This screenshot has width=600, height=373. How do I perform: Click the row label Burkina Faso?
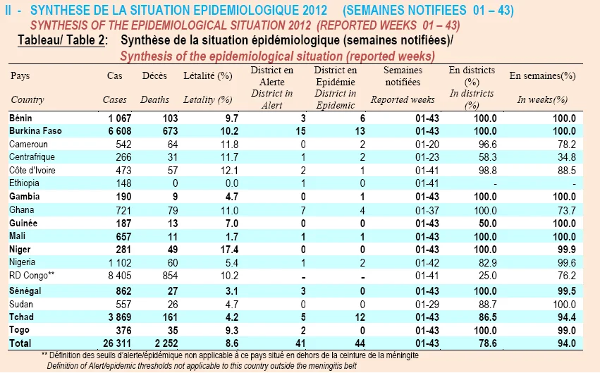pos(35,131)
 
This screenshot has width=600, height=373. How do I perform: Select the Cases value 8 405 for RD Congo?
pos(120,276)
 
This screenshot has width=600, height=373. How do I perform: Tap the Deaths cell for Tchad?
pos(168,317)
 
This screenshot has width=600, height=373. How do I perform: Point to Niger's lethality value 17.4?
pos(229,250)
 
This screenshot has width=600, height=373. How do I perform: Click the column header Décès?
pos(154,75)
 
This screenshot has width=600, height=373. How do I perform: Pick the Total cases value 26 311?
pos(117,343)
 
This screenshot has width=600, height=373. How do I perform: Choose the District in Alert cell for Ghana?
pos(303,210)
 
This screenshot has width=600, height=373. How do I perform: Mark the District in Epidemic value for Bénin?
pos(362,118)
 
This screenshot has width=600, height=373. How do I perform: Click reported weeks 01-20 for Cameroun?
pos(427,145)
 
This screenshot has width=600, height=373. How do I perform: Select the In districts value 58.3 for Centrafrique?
pos(487,157)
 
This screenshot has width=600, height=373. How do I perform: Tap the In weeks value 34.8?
pos(566,157)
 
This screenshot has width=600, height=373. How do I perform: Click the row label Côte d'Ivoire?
pos(32,170)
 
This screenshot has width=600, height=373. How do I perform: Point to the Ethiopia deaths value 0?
pos(175,183)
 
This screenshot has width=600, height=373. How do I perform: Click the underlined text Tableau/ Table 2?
pos(61,40)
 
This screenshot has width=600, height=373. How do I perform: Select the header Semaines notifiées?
pos(403,76)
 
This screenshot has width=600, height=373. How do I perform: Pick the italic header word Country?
pos(27,100)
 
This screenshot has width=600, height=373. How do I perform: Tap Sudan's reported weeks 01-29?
pos(427,305)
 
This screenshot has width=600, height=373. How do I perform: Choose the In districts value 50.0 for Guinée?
pos(487,224)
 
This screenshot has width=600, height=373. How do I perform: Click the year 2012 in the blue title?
pos(314,10)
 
